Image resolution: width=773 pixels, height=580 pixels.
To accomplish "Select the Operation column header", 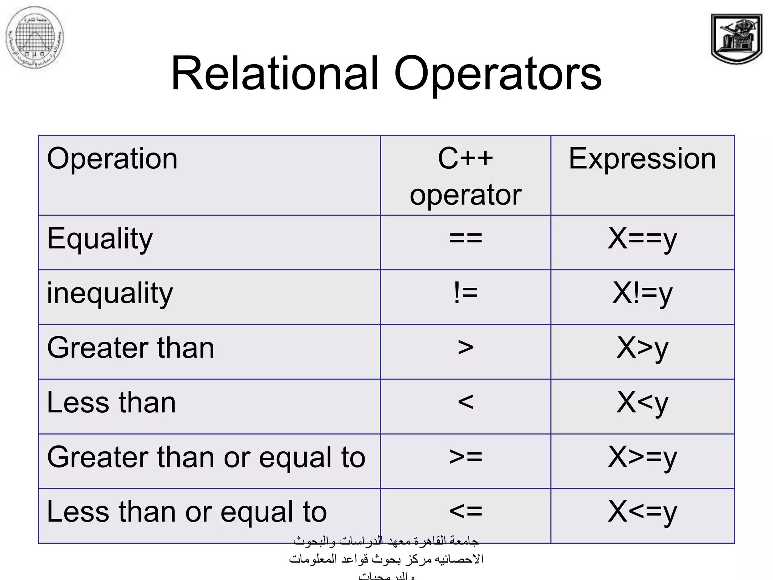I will [x=112, y=159].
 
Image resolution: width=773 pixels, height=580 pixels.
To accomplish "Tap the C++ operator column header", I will [x=465, y=176].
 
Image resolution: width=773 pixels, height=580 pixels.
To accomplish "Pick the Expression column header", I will [x=642, y=159].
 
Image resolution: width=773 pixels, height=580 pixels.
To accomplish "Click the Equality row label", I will [x=100, y=239].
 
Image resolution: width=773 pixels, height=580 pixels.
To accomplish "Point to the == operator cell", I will [x=465, y=239].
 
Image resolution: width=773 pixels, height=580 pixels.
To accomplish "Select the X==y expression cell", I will [x=642, y=239].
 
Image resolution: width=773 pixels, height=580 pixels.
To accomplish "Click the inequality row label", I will [x=110, y=294].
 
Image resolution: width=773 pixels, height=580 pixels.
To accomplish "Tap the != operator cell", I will [x=465, y=293].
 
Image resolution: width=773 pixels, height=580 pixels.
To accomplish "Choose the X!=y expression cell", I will [x=642, y=294].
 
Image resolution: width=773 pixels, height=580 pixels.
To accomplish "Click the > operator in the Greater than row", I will [x=465, y=348].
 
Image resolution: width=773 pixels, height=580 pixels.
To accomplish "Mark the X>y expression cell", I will [x=642, y=349].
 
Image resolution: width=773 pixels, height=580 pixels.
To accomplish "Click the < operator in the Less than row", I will [x=465, y=403].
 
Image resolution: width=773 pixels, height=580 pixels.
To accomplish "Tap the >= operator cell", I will [x=465, y=457].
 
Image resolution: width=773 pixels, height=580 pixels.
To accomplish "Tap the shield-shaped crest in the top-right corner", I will [x=736, y=39].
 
